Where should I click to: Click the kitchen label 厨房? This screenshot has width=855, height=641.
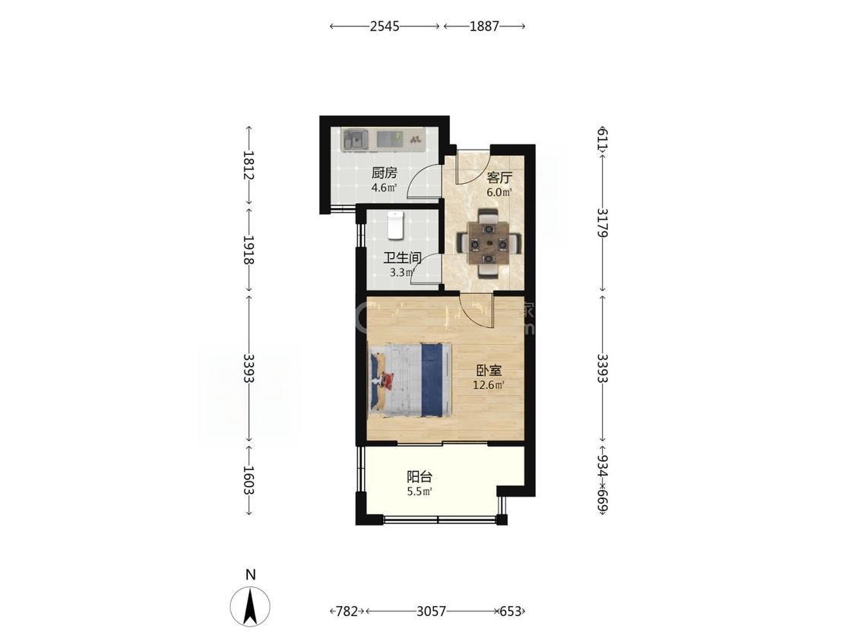(x=385, y=173)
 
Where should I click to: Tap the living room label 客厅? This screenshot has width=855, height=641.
(x=499, y=178)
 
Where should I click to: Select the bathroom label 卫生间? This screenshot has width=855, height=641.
(x=402, y=257)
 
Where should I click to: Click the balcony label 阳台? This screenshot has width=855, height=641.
(x=420, y=477)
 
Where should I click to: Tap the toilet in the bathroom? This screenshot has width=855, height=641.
(x=395, y=225)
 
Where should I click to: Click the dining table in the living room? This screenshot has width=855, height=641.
(x=489, y=243)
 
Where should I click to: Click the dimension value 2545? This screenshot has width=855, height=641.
(x=385, y=26)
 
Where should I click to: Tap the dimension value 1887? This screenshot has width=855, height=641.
(x=484, y=26)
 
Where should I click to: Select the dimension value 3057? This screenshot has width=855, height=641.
(x=432, y=611)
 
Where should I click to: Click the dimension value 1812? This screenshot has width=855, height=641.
(x=249, y=166)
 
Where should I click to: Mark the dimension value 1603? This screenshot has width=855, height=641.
(x=249, y=480)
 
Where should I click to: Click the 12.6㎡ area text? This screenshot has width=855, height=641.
(x=489, y=385)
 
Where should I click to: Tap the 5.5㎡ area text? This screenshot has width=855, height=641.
(x=420, y=491)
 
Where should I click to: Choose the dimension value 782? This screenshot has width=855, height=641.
(x=347, y=611)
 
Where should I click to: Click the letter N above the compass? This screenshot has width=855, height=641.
(x=250, y=575)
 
